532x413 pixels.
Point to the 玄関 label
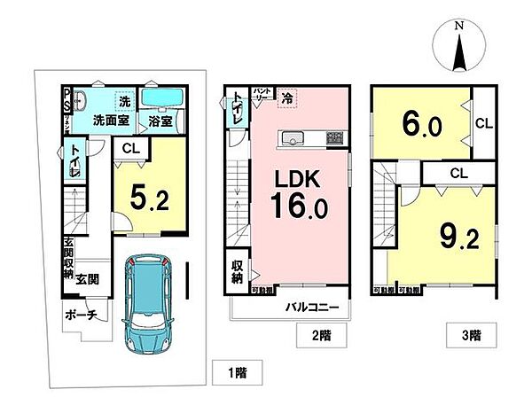(87, 279)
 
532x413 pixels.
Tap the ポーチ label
(81, 315)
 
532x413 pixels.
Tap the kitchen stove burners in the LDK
(334, 137)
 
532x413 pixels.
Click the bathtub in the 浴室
(161, 98)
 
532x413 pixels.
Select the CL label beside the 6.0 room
(485, 124)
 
